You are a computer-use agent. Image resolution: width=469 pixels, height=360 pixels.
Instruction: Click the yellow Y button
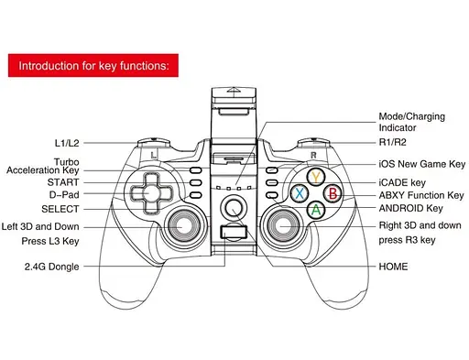316,177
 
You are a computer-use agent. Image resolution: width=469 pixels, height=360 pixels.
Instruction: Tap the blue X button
300,193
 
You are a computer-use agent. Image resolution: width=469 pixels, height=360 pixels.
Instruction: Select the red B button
333,193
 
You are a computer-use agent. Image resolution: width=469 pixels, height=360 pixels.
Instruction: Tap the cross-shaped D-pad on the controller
152,193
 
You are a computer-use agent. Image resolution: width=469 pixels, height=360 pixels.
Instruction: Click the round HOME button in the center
234,208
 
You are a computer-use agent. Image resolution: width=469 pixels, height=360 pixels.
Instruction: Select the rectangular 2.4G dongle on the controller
234,232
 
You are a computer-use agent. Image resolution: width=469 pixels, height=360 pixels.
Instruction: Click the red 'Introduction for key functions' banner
93,65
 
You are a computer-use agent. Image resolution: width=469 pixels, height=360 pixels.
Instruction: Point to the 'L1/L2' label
67,143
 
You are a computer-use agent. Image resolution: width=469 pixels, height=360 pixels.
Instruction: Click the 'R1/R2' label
392,142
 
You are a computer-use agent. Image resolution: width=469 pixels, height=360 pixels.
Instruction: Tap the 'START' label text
63,182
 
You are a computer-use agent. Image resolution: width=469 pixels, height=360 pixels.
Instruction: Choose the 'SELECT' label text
60,209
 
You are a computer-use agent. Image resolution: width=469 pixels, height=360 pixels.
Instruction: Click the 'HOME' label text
393,267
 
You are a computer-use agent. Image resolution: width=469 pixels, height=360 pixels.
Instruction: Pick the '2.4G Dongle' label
52,267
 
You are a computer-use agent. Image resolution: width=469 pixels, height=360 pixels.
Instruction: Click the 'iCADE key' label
402,182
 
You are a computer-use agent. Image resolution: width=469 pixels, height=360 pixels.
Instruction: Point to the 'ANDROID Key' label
410,208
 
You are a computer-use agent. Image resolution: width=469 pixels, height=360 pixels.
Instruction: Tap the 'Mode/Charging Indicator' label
412,122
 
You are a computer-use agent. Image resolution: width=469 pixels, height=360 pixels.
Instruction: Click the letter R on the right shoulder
313,156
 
